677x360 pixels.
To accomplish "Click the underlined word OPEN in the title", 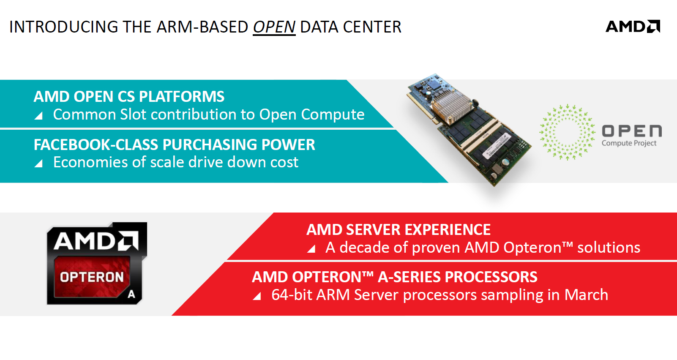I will tap(274, 27).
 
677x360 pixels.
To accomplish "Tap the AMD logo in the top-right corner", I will tap(633, 27).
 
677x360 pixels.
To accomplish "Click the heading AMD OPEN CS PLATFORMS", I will tap(129, 97).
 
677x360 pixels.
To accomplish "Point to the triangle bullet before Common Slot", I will tap(38, 116).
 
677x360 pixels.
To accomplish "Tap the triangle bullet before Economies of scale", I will tap(38, 164).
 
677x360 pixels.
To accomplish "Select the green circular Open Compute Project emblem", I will tap(567, 132).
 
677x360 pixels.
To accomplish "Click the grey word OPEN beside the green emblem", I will tap(631, 131).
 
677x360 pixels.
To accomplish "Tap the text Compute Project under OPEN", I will tap(629, 143).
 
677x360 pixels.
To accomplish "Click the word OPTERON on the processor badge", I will tap(92, 277).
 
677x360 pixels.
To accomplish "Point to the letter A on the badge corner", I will tap(131, 294).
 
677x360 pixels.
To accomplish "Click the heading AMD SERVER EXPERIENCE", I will tap(399, 230).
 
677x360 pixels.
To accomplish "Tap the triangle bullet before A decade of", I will tap(311, 249).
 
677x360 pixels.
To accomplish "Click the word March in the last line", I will tap(586, 295).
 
